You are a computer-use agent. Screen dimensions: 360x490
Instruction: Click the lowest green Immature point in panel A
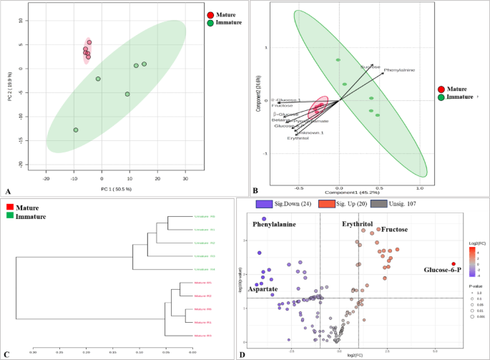pyautogui.click(x=75, y=130)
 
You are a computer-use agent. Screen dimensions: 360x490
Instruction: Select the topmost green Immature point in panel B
pyautogui.click(x=338, y=60)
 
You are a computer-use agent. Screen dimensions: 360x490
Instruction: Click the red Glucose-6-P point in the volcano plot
pyautogui.click(x=454, y=264)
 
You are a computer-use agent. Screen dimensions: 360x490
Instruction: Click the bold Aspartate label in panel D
pyautogui.click(x=266, y=288)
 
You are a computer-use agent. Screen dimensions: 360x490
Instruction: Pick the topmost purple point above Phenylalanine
pyautogui.click(x=263, y=219)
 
